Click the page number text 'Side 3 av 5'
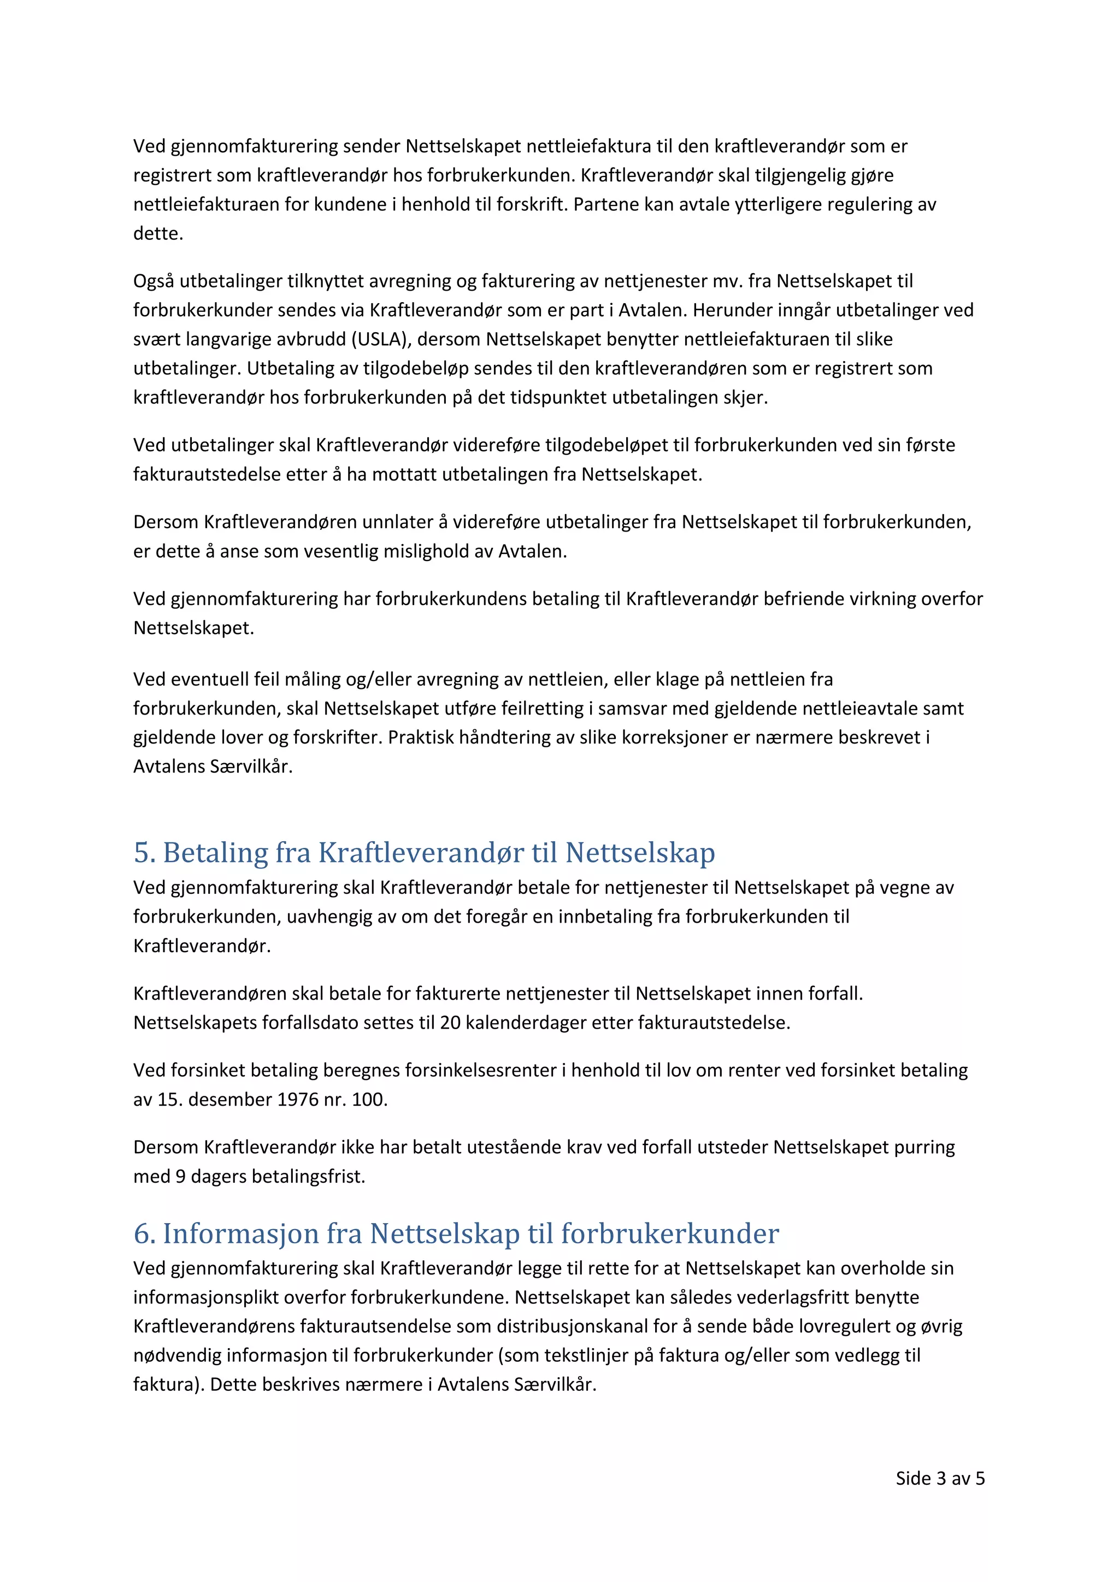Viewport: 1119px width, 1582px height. point(939,1478)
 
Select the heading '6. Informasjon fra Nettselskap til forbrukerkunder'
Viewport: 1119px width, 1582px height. point(456,1233)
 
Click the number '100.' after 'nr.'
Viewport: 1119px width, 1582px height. point(369,1099)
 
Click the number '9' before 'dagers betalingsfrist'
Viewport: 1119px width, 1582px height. point(180,1176)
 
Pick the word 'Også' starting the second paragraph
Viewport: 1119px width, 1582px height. point(154,281)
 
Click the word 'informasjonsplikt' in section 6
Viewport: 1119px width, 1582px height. point(206,1297)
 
